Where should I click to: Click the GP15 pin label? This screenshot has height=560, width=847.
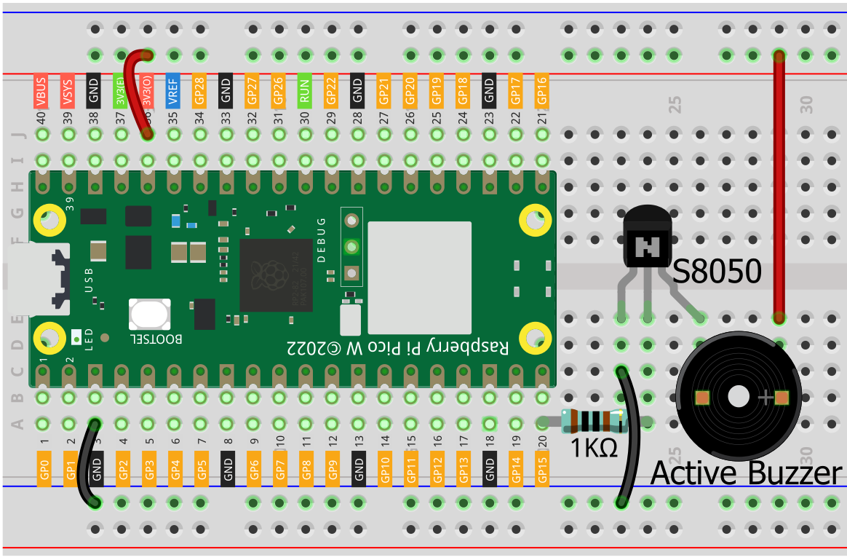tap(542, 468)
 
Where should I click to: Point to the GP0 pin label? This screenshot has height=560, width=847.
tap(44, 468)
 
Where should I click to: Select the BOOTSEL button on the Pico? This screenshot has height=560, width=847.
tap(149, 314)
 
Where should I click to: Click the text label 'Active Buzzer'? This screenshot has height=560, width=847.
tap(745, 473)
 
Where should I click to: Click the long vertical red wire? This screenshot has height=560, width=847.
tap(779, 189)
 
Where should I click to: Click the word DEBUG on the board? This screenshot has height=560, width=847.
tap(321, 240)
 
